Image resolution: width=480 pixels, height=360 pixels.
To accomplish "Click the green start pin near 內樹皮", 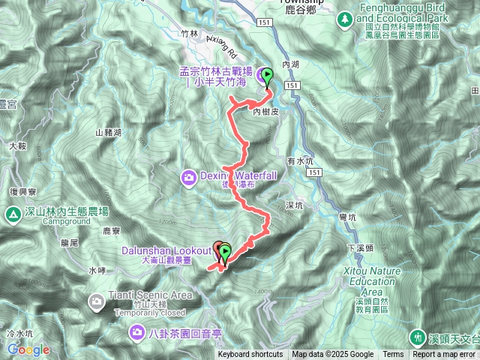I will (268, 77).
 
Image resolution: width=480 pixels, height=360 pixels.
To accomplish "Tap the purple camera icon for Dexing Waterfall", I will (189, 177).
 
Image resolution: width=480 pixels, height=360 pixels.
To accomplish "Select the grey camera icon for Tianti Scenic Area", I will (97, 302).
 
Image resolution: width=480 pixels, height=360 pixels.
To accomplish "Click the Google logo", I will (28, 349).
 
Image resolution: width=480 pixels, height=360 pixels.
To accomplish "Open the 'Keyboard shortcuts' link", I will (250, 355).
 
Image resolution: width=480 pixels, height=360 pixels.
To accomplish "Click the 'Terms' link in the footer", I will (393, 355).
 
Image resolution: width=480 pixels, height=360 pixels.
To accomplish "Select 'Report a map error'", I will (444, 355).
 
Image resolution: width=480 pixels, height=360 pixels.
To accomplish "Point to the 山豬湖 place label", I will (109, 132).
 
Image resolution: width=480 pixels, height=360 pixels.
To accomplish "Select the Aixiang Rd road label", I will (220, 52).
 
